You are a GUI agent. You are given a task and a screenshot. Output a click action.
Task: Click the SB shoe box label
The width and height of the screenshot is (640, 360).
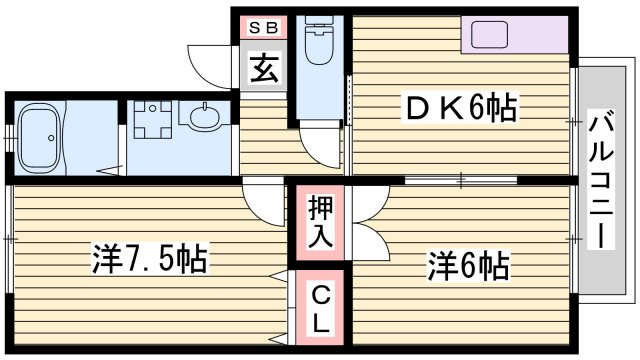[x=263, y=28]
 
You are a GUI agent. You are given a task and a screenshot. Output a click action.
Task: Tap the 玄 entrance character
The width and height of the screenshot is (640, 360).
[x=263, y=70]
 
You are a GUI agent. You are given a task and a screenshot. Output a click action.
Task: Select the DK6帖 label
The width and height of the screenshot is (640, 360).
[x=460, y=108]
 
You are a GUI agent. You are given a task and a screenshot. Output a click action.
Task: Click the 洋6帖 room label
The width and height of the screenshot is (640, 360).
[x=470, y=266]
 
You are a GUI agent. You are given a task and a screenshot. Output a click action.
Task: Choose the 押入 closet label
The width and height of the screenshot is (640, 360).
[x=319, y=223]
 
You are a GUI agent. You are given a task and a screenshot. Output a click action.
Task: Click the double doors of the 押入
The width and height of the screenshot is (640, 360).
[x=362, y=222]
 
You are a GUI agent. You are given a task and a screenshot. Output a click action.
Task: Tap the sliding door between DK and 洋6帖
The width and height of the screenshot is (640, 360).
[x=460, y=180]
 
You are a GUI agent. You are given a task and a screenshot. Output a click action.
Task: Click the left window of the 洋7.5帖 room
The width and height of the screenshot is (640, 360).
[x=9, y=240]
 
